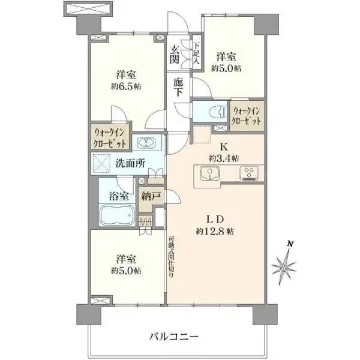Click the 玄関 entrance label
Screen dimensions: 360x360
click(175, 55)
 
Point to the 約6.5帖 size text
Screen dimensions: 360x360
click(126, 86)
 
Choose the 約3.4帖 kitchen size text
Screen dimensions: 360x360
click(224, 158)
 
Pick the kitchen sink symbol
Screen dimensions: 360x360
click(209, 173)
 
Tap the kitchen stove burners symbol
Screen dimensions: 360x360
click(248, 173)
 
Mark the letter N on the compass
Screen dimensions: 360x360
click(290, 244)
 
